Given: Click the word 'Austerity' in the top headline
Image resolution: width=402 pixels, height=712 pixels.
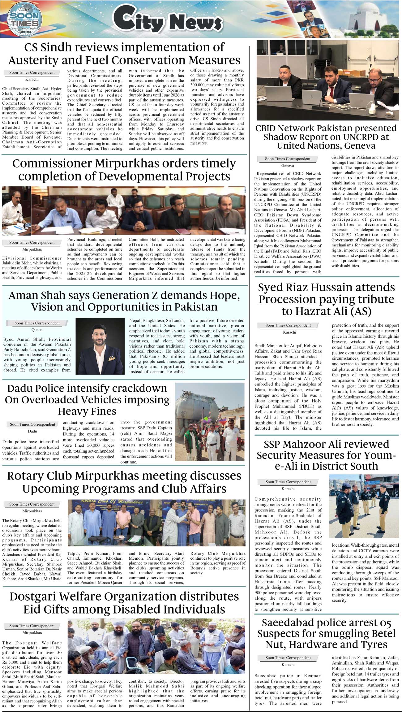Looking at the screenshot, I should click(x=58, y=60).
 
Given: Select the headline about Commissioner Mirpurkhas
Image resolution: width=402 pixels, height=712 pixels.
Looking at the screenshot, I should click(x=124, y=170).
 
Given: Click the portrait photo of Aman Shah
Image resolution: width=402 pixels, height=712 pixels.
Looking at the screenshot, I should click(x=100, y=346).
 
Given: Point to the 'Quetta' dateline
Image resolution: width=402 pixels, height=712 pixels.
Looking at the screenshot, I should click(x=37, y=330).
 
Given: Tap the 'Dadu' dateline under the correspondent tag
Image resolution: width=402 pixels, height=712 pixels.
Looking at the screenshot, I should click(x=32, y=431).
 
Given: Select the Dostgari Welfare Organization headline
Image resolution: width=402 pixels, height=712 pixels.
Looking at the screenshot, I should click(x=124, y=603).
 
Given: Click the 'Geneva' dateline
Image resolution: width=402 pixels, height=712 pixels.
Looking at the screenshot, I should click(x=288, y=166).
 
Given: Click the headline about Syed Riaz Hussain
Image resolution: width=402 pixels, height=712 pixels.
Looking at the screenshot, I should click(x=327, y=299).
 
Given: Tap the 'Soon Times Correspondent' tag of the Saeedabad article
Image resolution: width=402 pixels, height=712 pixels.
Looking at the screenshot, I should click(x=288, y=658).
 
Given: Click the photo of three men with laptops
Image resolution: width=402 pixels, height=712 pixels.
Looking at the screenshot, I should click(x=327, y=80).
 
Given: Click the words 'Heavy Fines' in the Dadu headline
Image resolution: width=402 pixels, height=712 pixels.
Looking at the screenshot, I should click(x=87, y=411).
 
